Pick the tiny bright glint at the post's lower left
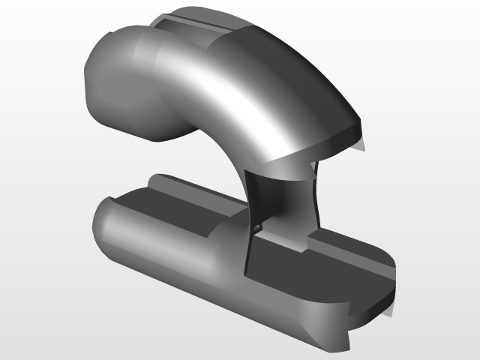pos(258,226)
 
